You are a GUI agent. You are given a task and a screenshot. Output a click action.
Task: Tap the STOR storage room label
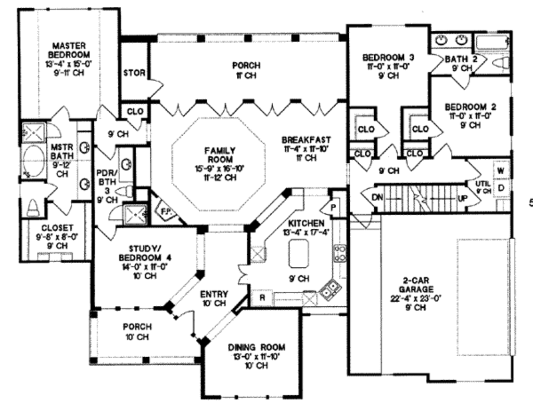[x=134, y=73]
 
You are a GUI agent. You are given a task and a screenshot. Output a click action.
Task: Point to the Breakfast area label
[x=306, y=140]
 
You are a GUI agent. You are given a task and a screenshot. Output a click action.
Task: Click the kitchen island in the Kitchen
[x=298, y=254]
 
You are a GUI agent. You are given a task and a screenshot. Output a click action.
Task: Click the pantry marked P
[x=333, y=206]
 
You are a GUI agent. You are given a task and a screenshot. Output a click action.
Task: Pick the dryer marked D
[x=501, y=187]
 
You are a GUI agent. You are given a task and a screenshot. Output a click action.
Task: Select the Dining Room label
[x=257, y=347]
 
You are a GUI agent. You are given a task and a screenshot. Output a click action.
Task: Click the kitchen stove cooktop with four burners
[x=340, y=253]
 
